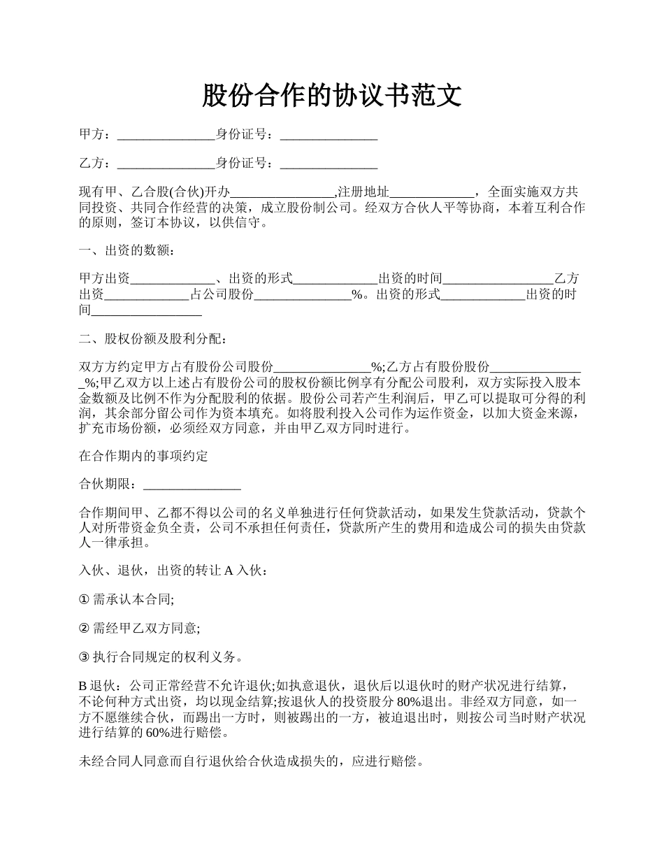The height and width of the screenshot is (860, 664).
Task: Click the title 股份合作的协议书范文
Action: pyautogui.click(x=332, y=96)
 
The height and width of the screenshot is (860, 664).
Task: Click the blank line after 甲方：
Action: pyautogui.click(x=166, y=136)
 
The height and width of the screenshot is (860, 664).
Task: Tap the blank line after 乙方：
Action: pyautogui.click(x=166, y=164)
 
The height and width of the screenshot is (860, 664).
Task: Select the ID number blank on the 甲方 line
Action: pyautogui.click(x=329, y=136)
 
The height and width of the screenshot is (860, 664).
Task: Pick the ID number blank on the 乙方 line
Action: pyautogui.click(x=329, y=164)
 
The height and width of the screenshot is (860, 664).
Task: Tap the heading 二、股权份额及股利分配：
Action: pyautogui.click(x=152, y=339)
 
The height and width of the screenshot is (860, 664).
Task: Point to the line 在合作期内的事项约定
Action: pyautogui.click(x=143, y=457)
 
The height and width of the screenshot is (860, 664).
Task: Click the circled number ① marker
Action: pyautogui.click(x=85, y=599)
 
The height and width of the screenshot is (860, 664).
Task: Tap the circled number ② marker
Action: pyautogui.click(x=85, y=629)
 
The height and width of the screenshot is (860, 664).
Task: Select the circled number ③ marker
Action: pyautogui.click(x=85, y=657)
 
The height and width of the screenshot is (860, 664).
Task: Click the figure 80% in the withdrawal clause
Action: pyautogui.click(x=408, y=702)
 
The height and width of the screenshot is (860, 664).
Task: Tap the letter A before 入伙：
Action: pyautogui.click(x=228, y=571)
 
